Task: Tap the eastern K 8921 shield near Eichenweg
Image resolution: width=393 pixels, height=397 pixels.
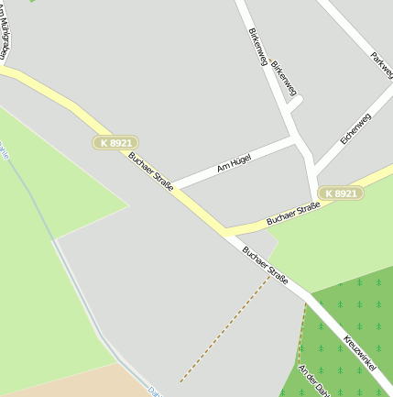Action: [x=341, y=193]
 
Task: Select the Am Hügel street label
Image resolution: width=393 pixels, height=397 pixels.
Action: [x=234, y=164]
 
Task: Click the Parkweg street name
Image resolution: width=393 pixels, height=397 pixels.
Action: [x=381, y=65]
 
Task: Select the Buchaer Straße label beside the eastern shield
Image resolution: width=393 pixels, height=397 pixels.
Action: [x=293, y=214]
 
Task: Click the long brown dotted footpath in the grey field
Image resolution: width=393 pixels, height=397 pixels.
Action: [x=224, y=330]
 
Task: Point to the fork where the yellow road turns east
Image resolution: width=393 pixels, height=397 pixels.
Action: [x=224, y=230]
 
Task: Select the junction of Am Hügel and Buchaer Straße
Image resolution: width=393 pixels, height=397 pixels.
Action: [x=173, y=185]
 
